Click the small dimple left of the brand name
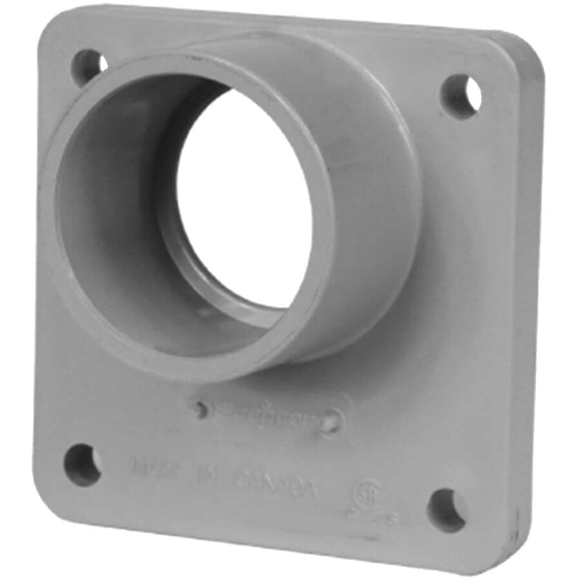[x=201, y=409]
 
